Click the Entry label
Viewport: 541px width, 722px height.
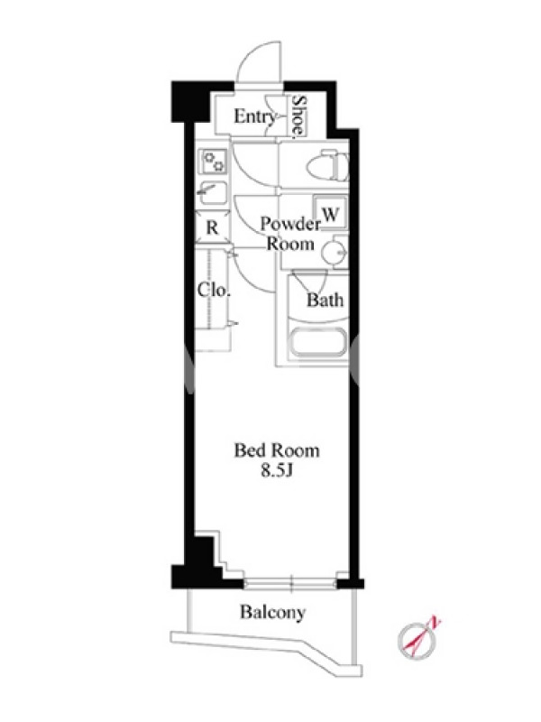pyautogui.click(x=254, y=116)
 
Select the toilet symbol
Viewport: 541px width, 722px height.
pyautogui.click(x=327, y=166)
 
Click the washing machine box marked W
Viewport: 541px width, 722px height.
pyautogui.click(x=330, y=212)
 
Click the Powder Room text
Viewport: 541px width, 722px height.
pyautogui.click(x=290, y=234)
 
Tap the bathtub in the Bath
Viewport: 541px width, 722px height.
pyautogui.click(x=317, y=343)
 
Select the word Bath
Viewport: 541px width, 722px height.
pyautogui.click(x=326, y=301)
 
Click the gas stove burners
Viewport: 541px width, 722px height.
pyautogui.click(x=214, y=162)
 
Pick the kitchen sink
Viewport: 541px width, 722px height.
pyautogui.click(x=212, y=194)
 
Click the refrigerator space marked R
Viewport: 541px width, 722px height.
pyautogui.click(x=212, y=227)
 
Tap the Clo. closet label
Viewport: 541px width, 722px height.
pyautogui.click(x=214, y=290)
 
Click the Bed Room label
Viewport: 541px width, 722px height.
pyautogui.click(x=277, y=449)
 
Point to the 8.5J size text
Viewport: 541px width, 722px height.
pyautogui.click(x=277, y=470)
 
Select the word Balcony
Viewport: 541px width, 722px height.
pyautogui.click(x=272, y=613)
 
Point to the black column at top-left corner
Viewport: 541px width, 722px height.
pyautogui.click(x=189, y=101)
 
